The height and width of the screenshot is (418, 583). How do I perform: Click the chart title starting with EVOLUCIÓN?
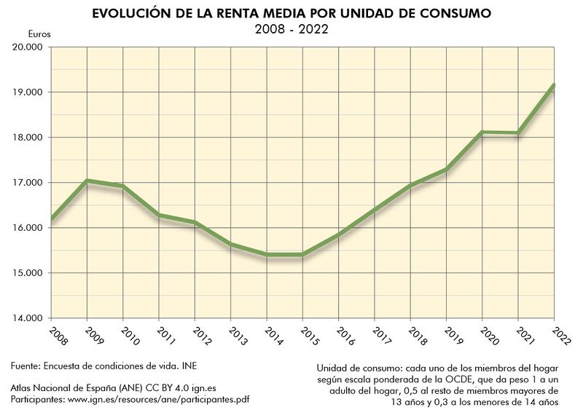pos(291,14)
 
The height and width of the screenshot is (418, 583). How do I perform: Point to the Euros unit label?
pos(39,34)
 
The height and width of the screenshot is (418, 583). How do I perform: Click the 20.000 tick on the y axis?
pos(28,47)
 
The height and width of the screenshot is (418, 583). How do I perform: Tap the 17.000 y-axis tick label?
pos(28,183)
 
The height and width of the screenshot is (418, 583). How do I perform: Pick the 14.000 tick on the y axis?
pos(28,318)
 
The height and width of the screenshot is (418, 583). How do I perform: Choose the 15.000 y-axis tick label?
pos(28,273)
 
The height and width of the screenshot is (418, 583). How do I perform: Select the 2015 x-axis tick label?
pos(305,335)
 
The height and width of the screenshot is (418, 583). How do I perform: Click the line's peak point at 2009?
pos(87,181)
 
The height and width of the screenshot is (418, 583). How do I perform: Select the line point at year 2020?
pos(482,133)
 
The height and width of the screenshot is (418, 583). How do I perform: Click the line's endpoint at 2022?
pos(554,85)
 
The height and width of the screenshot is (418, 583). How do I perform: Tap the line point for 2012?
pos(195,223)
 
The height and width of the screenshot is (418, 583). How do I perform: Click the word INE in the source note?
pos(189,365)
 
